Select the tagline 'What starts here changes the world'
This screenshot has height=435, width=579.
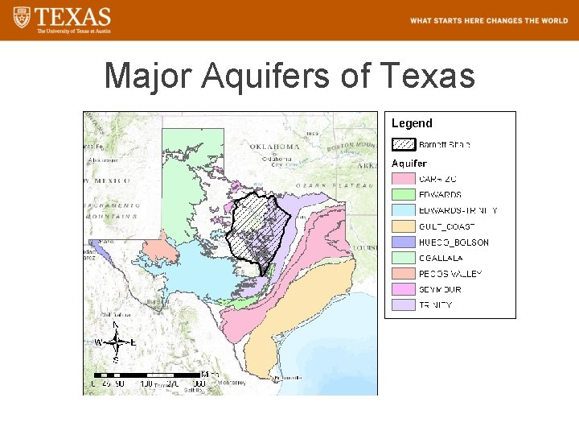click(488, 21)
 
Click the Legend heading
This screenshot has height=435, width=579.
click(412, 123)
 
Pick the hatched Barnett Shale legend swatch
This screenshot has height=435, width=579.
click(403, 145)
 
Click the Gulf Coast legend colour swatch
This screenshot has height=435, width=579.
click(403, 226)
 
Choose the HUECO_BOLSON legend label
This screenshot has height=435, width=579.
click(454, 242)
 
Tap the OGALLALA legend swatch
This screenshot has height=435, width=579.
click(403, 258)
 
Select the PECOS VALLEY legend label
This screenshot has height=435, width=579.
click(450, 274)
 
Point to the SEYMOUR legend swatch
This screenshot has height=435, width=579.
click(403, 289)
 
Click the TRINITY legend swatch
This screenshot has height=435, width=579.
click(403, 305)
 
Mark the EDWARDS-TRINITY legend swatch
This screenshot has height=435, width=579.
click(403, 211)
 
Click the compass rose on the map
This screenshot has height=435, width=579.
click(117, 342)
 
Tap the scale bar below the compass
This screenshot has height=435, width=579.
click(149, 375)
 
